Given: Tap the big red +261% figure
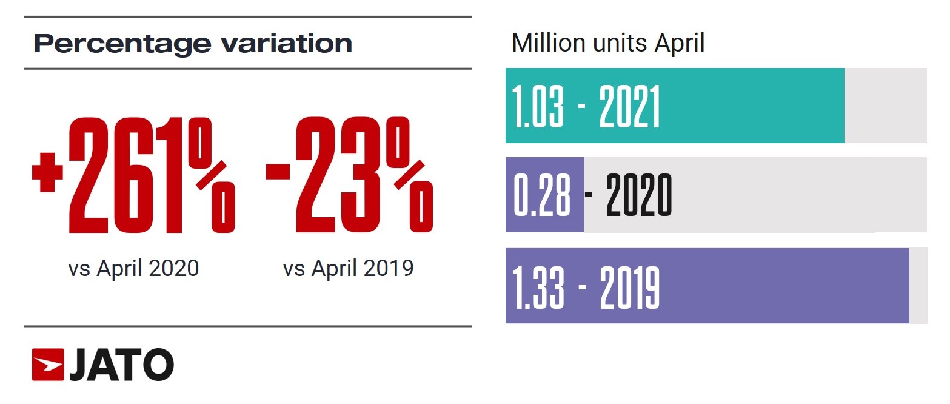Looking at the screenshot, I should tap(133, 176).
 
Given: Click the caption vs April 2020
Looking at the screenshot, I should tap(133, 268).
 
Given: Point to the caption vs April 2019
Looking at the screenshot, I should tap(348, 268).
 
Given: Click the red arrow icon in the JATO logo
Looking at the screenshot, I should tap(48, 365).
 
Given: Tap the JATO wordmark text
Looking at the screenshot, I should tap(121, 365).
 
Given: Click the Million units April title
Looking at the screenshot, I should tap(608, 44).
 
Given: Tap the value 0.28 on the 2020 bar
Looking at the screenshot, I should tap(542, 195).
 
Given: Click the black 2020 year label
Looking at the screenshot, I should tap(639, 195).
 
